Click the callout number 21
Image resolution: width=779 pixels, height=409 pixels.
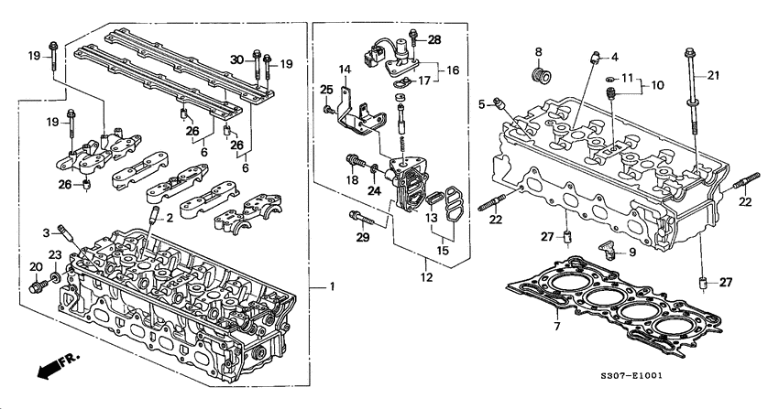(713, 75)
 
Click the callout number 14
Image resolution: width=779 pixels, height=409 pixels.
(345, 70)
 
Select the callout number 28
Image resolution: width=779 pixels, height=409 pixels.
(434, 38)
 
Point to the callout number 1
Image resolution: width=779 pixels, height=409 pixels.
(332, 287)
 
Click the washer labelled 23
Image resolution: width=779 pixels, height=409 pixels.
(55, 275)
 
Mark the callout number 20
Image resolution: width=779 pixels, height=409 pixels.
(36, 266)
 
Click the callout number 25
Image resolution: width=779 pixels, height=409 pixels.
(324, 89)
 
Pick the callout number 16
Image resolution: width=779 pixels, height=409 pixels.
(454, 70)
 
